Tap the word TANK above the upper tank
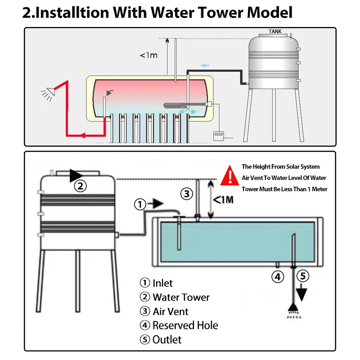(x=275, y=31)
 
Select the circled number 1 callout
(x=141, y=204)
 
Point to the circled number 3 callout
(x=187, y=194)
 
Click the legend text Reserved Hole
(x=185, y=325)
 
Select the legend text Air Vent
(x=171, y=311)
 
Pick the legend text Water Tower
(x=181, y=297)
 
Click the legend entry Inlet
(x=162, y=283)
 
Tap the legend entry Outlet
(x=167, y=339)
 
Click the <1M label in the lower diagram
(x=223, y=199)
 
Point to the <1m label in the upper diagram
(x=148, y=55)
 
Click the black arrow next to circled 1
(x=156, y=204)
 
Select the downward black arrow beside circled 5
(x=301, y=293)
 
